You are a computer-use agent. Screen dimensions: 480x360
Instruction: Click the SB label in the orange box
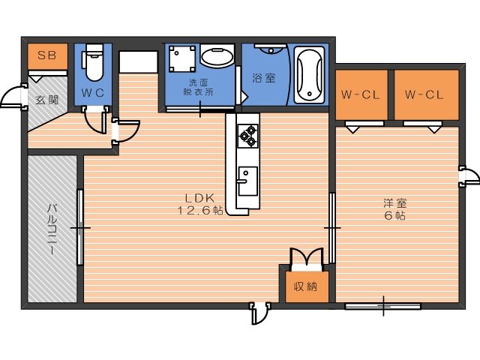[47, 55]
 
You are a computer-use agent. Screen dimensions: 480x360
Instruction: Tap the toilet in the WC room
[93, 62]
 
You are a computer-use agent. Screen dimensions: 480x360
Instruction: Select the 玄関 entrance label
[46, 100]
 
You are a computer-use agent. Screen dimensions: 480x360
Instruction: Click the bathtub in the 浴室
[309, 75]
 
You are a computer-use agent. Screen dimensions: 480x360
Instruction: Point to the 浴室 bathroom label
[263, 78]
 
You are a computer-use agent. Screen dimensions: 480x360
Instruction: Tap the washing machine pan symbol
[181, 58]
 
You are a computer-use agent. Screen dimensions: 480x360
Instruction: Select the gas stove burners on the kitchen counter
[248, 136]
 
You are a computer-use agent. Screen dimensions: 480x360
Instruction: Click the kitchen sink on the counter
[247, 181]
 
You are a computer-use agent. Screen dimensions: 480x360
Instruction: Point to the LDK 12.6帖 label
[200, 204]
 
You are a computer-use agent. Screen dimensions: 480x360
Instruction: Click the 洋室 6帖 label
[395, 209]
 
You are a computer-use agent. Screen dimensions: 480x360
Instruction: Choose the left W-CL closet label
[360, 95]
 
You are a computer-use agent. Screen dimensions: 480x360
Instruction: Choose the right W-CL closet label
[424, 95]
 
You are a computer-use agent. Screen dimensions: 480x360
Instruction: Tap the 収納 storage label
[305, 286]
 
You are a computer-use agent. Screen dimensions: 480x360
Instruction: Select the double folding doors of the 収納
[307, 259]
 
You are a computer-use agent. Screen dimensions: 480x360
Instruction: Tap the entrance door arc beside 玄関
[11, 97]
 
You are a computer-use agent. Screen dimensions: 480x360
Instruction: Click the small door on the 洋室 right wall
[469, 176]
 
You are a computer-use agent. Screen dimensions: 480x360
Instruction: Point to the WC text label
[93, 93]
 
